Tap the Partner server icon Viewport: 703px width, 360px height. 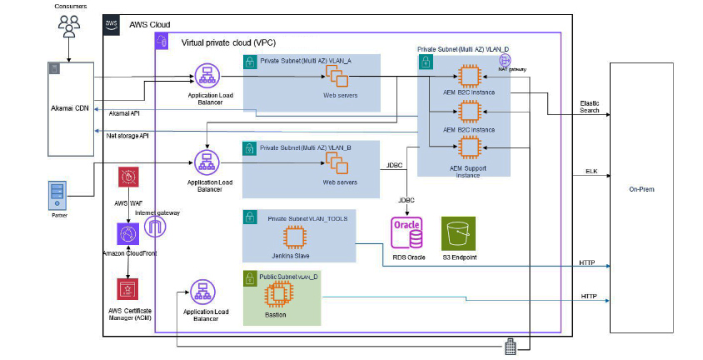[x=56, y=196]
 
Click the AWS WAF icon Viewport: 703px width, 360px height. [x=129, y=178]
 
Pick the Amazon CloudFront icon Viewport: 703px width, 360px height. [x=128, y=234]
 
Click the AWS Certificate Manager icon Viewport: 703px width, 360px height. [x=128, y=289]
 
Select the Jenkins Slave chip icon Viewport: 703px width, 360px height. [x=293, y=238]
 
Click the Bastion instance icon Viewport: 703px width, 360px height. [x=275, y=294]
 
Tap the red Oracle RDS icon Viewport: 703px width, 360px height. [x=406, y=232]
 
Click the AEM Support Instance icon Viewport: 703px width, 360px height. [x=468, y=148]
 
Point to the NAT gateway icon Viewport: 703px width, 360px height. [x=505, y=61]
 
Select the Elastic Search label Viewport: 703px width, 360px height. [x=589, y=107]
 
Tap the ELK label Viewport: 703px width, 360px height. [x=591, y=171]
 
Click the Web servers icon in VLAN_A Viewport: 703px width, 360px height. [x=337, y=78]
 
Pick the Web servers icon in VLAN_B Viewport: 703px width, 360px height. [x=337, y=164]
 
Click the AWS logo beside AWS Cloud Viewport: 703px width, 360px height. [x=112, y=24]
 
